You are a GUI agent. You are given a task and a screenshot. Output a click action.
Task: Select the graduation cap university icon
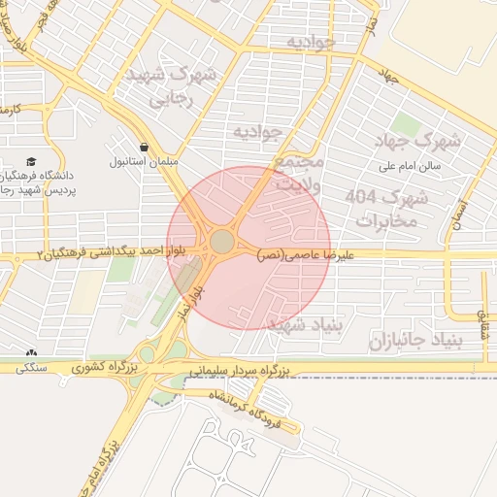click(31, 159)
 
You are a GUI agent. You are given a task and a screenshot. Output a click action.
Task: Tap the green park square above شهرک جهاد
click(406, 124)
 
